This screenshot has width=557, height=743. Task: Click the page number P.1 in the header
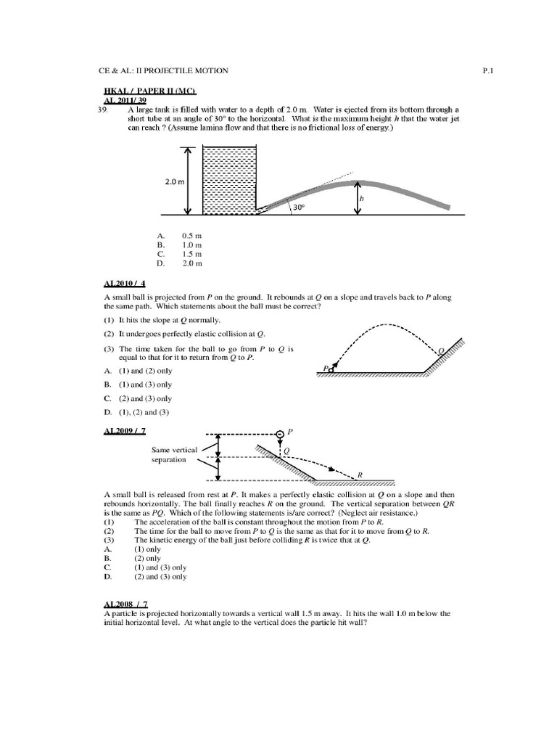pyautogui.click(x=487, y=70)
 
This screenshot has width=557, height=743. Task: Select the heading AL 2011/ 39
pyautogui.click(x=125, y=100)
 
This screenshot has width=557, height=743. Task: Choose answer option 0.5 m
pyautogui.click(x=191, y=236)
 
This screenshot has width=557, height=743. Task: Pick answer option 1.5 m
pyautogui.click(x=191, y=255)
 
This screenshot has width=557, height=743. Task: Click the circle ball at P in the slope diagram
pyautogui.click(x=279, y=434)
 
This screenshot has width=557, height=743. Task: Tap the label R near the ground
pyautogui.click(x=359, y=474)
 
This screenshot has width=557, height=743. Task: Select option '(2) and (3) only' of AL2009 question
pyautogui.click(x=160, y=577)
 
